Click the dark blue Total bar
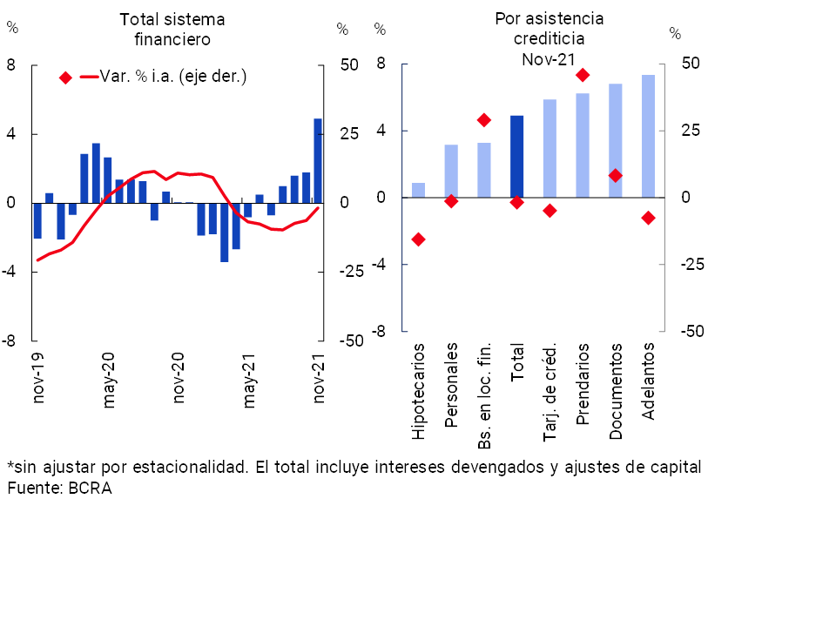516,157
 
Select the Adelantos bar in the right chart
648,137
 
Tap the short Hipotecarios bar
418,190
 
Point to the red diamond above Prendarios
583,75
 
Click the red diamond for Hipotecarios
418,239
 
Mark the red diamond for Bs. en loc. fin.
484,120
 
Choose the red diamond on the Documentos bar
616,175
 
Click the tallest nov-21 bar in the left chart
318,160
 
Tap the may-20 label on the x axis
110,380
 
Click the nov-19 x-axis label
39,380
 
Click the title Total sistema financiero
172,29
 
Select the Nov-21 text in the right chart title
549,59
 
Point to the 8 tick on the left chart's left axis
11,65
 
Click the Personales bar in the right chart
451,172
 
